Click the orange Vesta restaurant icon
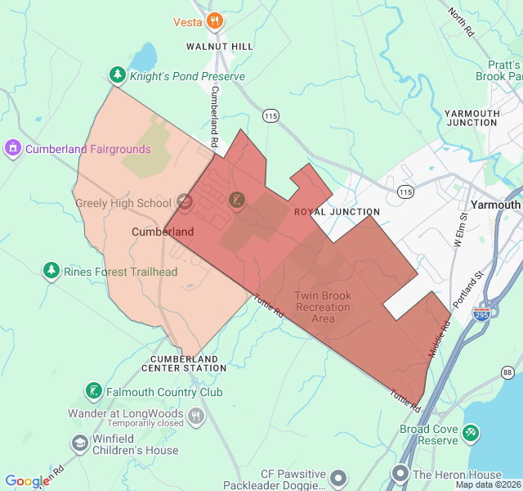(214, 21)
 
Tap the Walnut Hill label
(220, 47)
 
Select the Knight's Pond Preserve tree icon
(118, 76)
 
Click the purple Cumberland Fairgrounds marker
(12, 149)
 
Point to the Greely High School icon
(185, 202)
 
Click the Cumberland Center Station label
(189, 363)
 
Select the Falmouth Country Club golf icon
(94, 392)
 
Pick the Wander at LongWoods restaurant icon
(195, 417)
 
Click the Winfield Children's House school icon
(79, 444)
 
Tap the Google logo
(27, 481)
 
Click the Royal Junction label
(325, 212)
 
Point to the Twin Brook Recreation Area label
(323, 307)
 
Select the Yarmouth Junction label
(471, 118)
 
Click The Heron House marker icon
(400, 474)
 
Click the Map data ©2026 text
(488, 484)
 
